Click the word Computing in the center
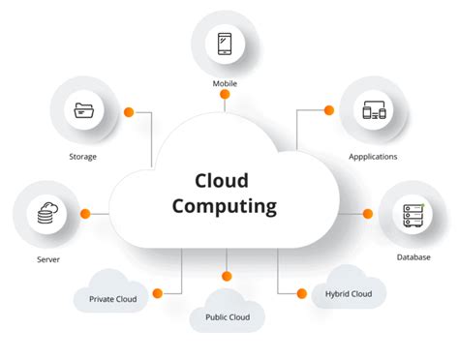(x=225, y=206)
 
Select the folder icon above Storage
(x=83, y=112)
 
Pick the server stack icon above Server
(x=46, y=213)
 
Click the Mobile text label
(x=225, y=84)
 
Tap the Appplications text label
(x=373, y=156)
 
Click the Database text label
(x=413, y=256)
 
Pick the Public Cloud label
(x=228, y=316)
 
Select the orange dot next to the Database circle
(x=368, y=213)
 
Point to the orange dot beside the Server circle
(x=85, y=213)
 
